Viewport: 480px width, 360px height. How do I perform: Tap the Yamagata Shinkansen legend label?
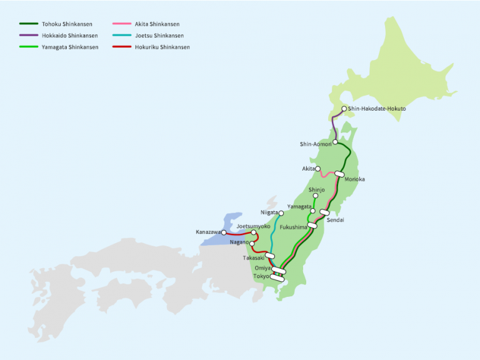pos(70,47)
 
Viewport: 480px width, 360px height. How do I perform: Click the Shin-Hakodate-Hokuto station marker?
pos(344,109)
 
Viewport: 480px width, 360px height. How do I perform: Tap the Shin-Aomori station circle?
pos(336,142)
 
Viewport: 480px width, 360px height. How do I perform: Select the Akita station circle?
pos(318,169)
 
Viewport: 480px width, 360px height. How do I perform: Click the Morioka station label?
pos(354,179)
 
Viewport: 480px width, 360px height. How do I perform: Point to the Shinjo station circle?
pos(316,196)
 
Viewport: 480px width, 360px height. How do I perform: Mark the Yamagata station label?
pos(299,206)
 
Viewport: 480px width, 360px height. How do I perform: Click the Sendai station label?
pos(335,220)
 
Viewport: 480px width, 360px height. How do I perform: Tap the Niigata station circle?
pos(281,213)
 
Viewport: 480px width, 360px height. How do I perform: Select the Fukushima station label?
pos(293,227)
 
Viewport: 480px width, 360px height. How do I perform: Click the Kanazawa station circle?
pos(224,232)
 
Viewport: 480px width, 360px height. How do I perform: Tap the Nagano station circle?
pos(252,244)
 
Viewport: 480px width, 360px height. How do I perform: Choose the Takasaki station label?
pos(254,257)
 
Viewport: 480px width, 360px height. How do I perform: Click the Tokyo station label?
pos(261,276)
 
